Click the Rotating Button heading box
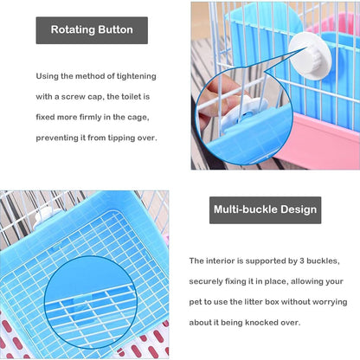[x=92, y=30]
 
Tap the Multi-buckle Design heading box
[x=265, y=209]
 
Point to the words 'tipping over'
[x=130, y=138]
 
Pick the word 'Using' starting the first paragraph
[x=49, y=77]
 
